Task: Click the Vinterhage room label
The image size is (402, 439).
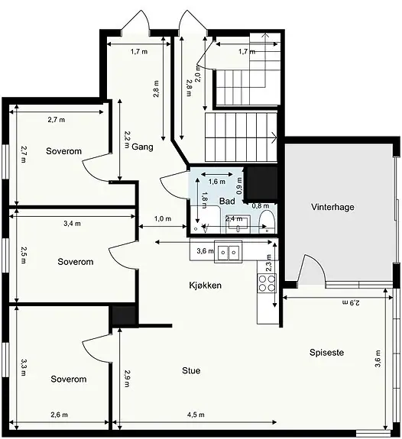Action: coord(332,207)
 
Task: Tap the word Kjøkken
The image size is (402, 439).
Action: coord(206,286)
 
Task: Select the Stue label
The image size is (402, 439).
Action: coord(191,371)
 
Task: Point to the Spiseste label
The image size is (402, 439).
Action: coord(326,352)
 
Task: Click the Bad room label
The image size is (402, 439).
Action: coord(227,201)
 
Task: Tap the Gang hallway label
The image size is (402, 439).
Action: coord(142,147)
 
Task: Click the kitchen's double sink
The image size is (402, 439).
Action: coord(229,251)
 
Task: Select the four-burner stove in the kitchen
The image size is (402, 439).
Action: coord(267,283)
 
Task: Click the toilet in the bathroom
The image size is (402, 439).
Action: coord(267,221)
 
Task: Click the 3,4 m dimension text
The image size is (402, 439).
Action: coord(72,224)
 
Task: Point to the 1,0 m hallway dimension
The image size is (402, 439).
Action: coord(163,218)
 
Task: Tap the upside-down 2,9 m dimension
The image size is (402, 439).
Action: coord(351,302)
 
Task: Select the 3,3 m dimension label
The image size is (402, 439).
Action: coord(24,367)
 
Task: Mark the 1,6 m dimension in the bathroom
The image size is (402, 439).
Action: coord(217,182)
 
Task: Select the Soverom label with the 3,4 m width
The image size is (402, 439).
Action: coord(76,262)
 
